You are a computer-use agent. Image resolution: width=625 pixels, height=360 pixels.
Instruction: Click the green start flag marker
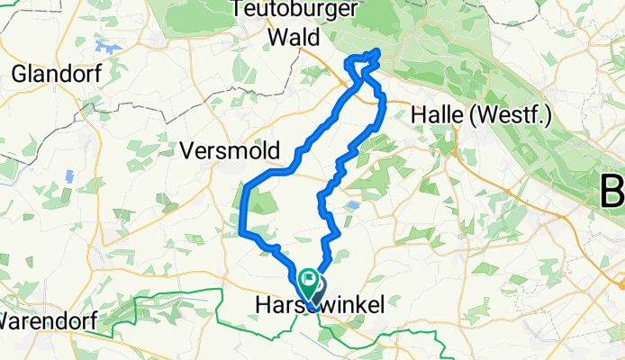(x=308, y=283)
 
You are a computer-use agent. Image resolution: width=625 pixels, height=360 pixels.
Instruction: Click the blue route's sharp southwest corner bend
(x=243, y=235)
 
